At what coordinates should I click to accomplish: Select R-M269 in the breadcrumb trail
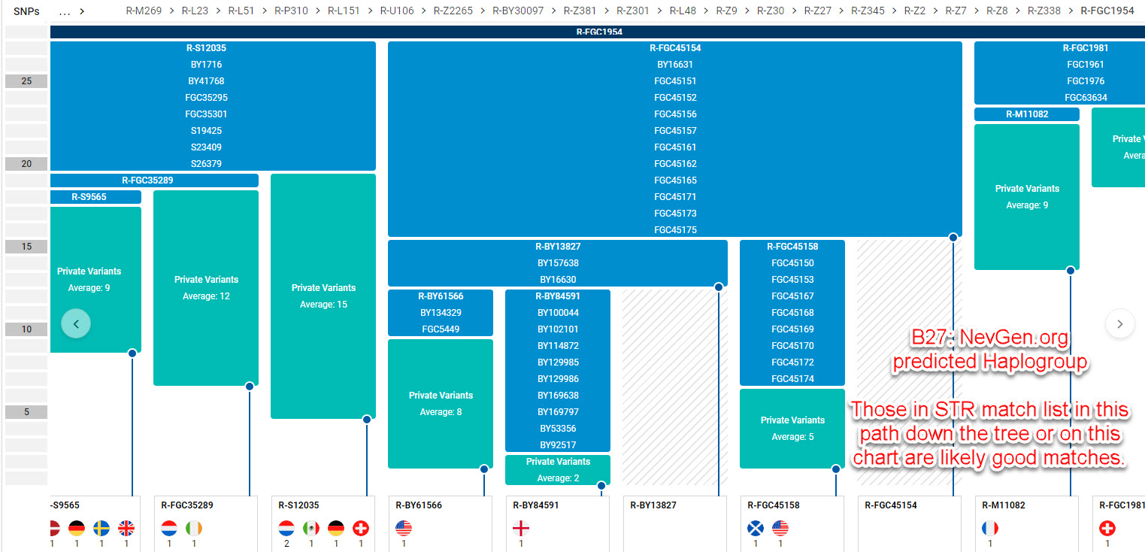click(144, 11)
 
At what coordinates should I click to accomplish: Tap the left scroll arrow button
click(76, 323)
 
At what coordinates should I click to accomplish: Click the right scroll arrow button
click(1119, 323)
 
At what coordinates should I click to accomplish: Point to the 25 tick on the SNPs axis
click(26, 81)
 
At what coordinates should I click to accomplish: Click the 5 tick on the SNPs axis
click(26, 412)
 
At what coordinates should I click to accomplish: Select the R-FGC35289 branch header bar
click(153, 180)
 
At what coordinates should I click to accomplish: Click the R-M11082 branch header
click(1026, 114)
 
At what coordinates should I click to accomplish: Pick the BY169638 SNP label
click(558, 396)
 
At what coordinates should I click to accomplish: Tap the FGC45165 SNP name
click(675, 180)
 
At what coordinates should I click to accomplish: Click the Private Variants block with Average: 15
click(323, 296)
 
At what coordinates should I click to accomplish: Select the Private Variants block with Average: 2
click(558, 469)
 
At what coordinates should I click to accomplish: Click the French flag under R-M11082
click(990, 529)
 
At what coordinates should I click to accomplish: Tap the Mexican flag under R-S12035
click(310, 529)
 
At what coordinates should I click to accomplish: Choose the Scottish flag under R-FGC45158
click(756, 529)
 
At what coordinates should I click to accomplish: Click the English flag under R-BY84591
click(521, 529)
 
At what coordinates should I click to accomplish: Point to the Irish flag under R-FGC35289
click(194, 529)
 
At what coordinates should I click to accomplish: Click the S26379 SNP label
click(206, 164)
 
